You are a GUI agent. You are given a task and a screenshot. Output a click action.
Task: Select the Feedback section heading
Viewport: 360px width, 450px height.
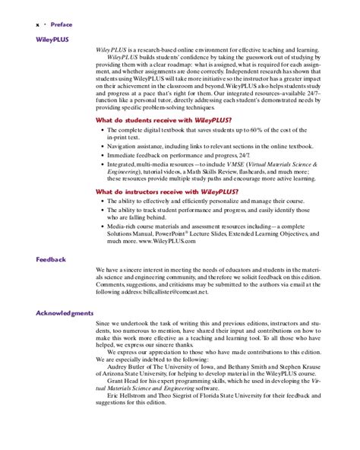pos(51,259)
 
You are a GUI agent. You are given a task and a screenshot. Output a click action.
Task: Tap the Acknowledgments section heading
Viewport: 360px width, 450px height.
pos(65,313)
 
